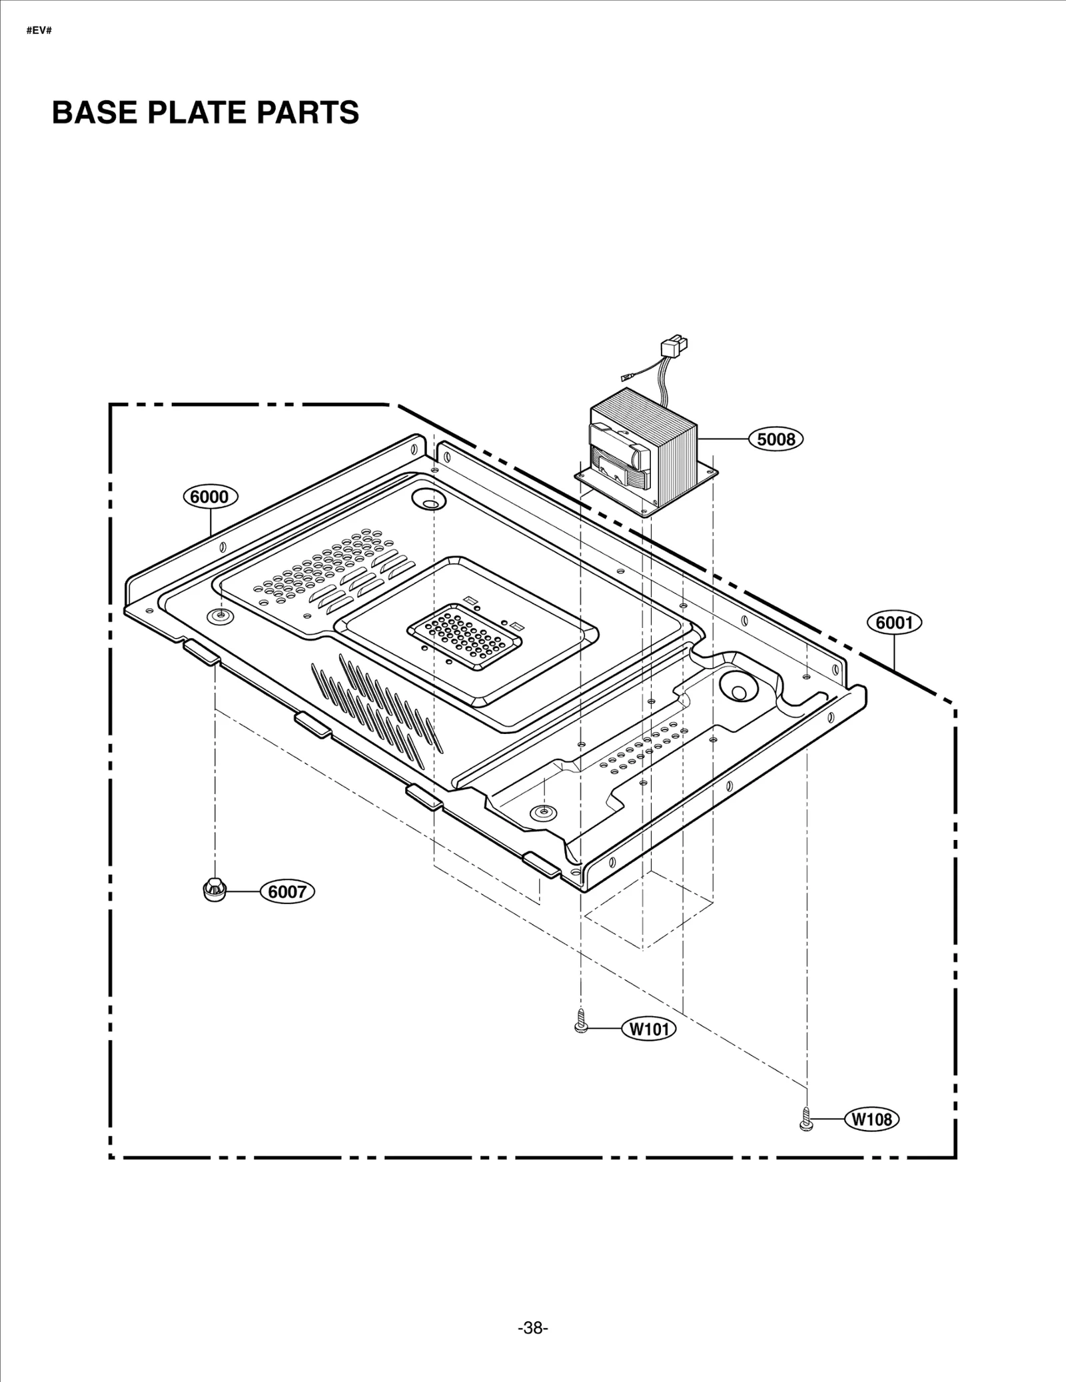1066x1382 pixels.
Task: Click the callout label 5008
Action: (x=776, y=439)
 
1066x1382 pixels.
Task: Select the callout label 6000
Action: (x=211, y=497)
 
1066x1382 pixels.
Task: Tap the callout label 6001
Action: (x=894, y=623)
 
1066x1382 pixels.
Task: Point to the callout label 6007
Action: (x=286, y=891)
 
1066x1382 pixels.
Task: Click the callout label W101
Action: (x=649, y=1029)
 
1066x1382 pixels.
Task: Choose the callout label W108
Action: (x=872, y=1119)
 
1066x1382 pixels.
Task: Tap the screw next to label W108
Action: (x=805, y=1119)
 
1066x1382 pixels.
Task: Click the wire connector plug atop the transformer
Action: (x=673, y=348)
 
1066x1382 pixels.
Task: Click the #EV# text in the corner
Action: (x=39, y=31)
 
